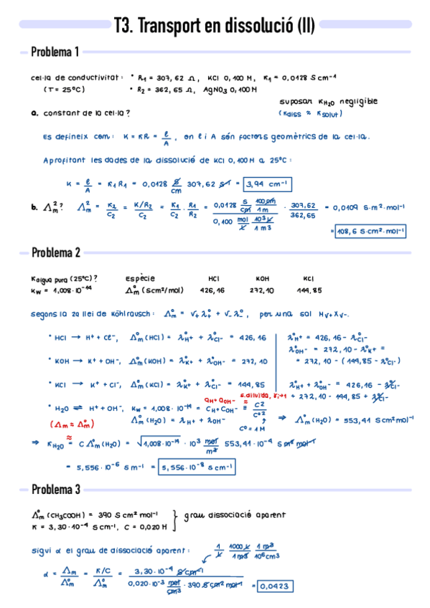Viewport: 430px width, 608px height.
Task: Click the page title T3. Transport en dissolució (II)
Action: [214, 27]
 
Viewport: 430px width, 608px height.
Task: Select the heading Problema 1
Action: [55, 52]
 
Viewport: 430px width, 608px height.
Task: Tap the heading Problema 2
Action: [55, 252]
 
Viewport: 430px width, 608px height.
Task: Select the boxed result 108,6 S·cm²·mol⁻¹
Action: [368, 231]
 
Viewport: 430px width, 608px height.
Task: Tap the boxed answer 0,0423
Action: [271, 586]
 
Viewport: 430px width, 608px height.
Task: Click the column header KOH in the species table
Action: [262, 278]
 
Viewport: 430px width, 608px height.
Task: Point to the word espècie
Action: [139, 278]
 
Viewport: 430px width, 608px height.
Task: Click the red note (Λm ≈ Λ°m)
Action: [69, 424]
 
